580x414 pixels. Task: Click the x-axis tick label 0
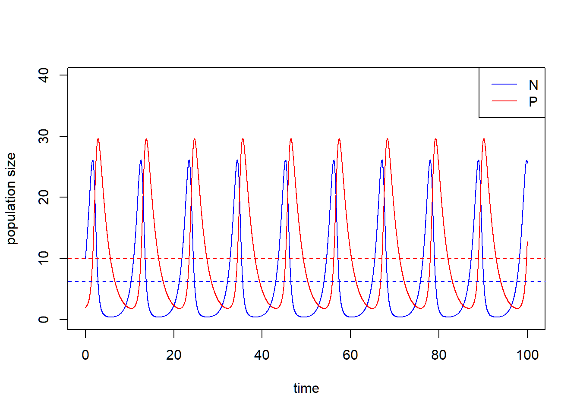tap(85, 355)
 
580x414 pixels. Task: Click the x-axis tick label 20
tap(173, 355)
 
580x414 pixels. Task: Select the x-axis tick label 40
tap(262, 355)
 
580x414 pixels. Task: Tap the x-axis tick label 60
tap(350, 355)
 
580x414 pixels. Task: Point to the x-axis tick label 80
tap(438, 355)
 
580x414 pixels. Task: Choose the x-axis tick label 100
tap(527, 355)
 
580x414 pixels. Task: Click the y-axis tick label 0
tap(44, 320)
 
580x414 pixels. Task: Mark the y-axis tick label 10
tap(44, 258)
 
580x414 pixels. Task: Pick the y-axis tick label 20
tap(44, 198)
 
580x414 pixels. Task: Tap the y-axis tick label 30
tap(44, 136)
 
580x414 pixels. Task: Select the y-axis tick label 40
tap(44, 75)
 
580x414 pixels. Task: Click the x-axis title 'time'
tap(306, 388)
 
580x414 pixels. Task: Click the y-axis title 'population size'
tap(11, 198)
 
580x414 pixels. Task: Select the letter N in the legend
tap(533, 85)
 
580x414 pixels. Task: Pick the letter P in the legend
tap(533, 101)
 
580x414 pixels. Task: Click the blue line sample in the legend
tap(504, 85)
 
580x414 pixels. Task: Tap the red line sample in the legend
tap(504, 101)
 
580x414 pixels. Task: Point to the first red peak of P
tap(98, 139)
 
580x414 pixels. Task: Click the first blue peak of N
tap(92, 160)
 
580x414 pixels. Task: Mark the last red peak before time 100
tap(484, 139)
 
